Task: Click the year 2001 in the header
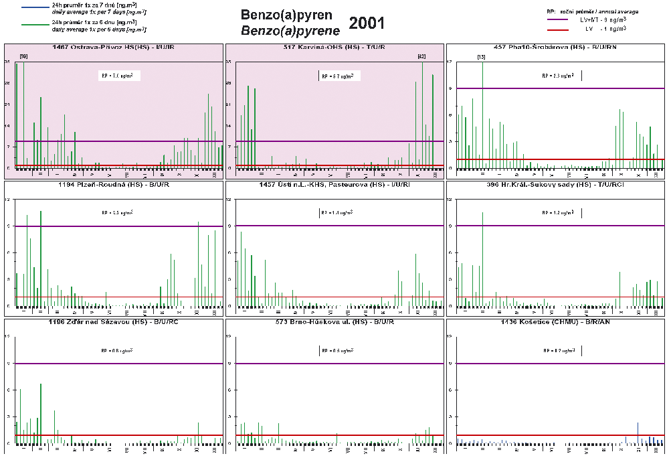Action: (x=367, y=23)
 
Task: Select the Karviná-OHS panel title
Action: (x=334, y=47)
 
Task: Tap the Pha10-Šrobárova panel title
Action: (x=556, y=47)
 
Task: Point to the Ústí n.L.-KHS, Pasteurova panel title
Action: (x=334, y=184)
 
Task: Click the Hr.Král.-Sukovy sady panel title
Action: (x=556, y=184)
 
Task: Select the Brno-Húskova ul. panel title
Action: (x=334, y=322)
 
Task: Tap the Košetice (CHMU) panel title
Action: (x=556, y=322)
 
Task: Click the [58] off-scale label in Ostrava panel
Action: (x=23, y=56)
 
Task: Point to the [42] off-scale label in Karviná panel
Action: (x=421, y=56)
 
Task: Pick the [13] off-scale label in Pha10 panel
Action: (x=481, y=58)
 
